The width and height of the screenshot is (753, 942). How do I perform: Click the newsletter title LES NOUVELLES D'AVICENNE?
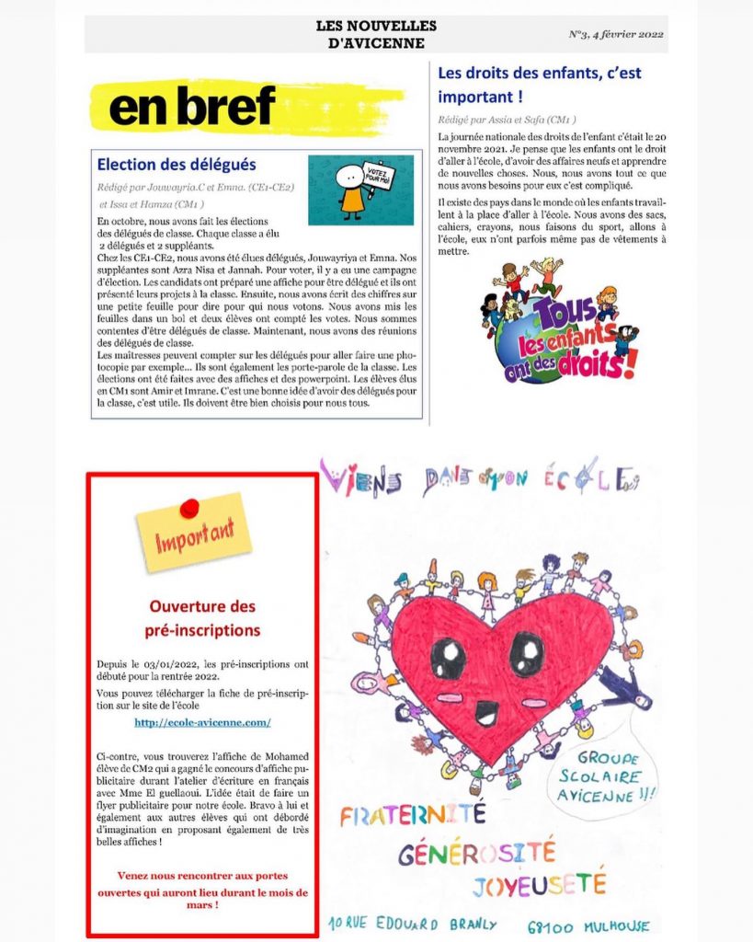coord(376,34)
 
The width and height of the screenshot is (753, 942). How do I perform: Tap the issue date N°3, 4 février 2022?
coord(615,36)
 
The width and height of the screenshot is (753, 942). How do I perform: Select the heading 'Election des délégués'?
coord(177,165)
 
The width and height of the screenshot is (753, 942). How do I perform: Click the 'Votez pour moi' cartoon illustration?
coord(359,190)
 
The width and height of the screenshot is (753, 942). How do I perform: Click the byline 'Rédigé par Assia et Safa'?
coord(507,120)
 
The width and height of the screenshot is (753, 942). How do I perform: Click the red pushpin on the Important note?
coord(189,508)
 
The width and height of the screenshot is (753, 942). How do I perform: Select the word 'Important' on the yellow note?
coord(194,536)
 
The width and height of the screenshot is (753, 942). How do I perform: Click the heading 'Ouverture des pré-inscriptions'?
coord(202,618)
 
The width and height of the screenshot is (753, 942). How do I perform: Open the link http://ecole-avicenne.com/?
coord(202,722)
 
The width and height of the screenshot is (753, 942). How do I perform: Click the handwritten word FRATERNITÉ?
coord(412,813)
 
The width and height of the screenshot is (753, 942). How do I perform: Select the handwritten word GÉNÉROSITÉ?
coord(477,853)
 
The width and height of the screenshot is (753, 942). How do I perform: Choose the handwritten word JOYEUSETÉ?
coord(540,885)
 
